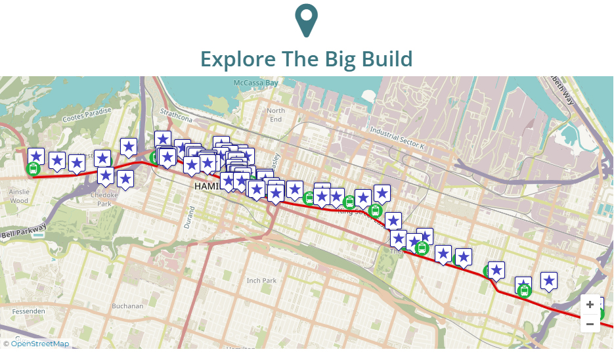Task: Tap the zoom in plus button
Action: pyautogui.click(x=590, y=305)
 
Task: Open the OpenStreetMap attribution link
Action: pyautogui.click(x=39, y=344)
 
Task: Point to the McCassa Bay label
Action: pyautogui.click(x=256, y=83)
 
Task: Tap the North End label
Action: pyautogui.click(x=276, y=115)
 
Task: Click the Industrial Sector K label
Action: pyautogui.click(x=397, y=136)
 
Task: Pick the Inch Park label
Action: pyautogui.click(x=261, y=281)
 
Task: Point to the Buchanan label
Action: pyautogui.click(x=127, y=306)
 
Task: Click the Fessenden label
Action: pyautogui.click(x=23, y=310)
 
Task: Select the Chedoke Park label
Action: pyautogui.click(x=104, y=199)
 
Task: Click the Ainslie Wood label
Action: pyautogui.click(x=19, y=196)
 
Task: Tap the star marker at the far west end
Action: pyautogui.click(x=36, y=156)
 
